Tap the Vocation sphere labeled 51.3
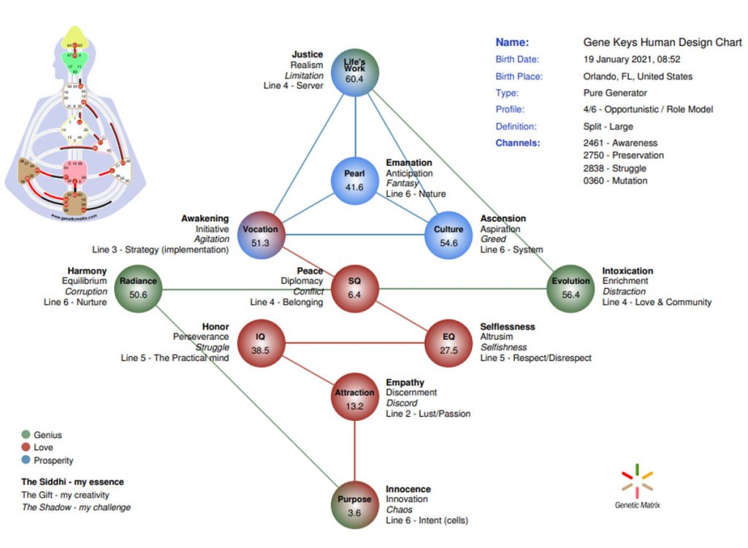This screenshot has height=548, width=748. (x=260, y=236)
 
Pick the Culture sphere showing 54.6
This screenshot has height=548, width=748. (x=449, y=236)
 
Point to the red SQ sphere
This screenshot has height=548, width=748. (x=354, y=287)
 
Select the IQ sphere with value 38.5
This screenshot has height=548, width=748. (x=260, y=343)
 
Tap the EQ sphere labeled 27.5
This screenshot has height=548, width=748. (x=449, y=343)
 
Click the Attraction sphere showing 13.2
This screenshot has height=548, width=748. (x=354, y=398)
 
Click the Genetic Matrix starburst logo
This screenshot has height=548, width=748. (x=637, y=479)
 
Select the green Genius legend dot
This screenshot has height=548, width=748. (x=26, y=435)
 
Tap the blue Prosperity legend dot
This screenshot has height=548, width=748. (x=26, y=460)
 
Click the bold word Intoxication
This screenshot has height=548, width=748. (x=627, y=271)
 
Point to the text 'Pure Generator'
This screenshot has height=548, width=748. (x=614, y=93)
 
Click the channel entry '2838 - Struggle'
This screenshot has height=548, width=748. (x=614, y=169)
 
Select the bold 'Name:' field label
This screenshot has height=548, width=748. (x=512, y=42)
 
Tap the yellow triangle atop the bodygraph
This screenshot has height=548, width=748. (x=72, y=35)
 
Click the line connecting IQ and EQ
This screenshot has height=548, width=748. (x=354, y=343)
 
